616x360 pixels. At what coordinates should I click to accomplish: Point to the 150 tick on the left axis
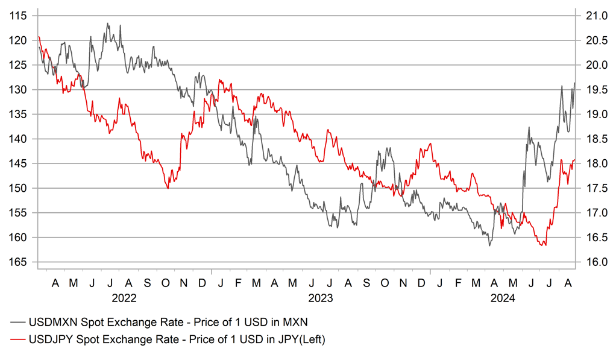[x=19, y=188]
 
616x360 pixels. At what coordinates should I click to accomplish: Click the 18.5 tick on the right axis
[x=593, y=139]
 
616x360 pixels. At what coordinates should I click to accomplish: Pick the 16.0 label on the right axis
[x=593, y=262]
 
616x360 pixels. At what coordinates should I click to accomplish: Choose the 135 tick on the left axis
[x=19, y=114]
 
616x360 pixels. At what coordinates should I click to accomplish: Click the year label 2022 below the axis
[x=124, y=298]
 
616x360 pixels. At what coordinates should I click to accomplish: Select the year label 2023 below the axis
[x=321, y=298]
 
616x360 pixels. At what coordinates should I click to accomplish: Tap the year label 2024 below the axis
[x=503, y=298]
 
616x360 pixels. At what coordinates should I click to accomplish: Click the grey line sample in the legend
[x=21, y=320]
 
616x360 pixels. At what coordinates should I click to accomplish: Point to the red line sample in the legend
[x=21, y=340]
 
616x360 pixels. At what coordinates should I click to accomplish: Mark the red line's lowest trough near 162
[x=545, y=245]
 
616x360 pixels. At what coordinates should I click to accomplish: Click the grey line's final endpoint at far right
[x=574, y=83]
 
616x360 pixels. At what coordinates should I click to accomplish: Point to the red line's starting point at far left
[x=39, y=37]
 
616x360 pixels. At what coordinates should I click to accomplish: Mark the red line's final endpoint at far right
[x=574, y=160]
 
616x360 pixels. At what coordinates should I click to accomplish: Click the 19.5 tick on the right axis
[x=593, y=89]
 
